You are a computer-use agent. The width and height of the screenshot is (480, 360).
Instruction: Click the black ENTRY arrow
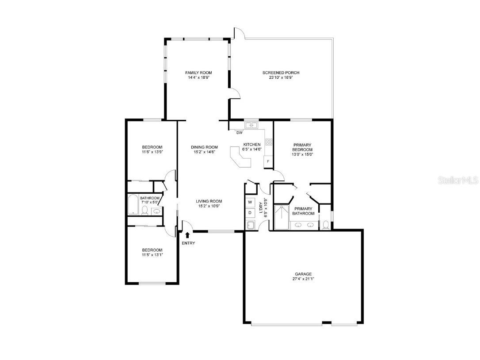pos(187,235)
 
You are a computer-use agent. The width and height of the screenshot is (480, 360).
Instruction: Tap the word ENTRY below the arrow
pos(188,243)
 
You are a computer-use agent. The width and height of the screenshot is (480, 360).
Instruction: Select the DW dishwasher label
pos(240,133)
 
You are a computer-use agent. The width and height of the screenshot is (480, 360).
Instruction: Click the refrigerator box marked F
pos(268,161)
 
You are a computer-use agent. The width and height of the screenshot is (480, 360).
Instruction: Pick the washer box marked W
pos(250,202)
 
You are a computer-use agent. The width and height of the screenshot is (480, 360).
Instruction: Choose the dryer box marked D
pos(250,213)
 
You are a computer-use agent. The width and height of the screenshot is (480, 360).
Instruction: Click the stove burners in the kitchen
pos(269,142)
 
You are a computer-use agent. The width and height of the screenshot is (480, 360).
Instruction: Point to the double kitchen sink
pos(251,125)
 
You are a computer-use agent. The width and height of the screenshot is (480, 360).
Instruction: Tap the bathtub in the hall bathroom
pos(133,205)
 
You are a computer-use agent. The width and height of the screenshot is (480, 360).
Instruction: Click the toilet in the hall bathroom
pos(145,211)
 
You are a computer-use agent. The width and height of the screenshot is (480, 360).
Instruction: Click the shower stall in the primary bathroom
pos(282,217)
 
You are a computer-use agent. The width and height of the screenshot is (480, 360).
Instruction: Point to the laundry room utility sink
pos(251,225)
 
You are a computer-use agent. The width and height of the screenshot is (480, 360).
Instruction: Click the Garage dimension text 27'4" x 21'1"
pos(303,279)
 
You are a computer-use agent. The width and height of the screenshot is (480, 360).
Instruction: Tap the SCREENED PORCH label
pos(281,73)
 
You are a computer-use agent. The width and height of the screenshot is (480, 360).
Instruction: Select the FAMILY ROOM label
pos(198,73)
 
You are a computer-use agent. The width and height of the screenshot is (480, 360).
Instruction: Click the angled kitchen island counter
pos(240,157)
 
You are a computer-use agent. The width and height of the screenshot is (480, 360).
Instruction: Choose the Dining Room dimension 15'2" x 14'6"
pos(205,152)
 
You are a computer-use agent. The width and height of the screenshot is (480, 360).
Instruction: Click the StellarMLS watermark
pos(458,180)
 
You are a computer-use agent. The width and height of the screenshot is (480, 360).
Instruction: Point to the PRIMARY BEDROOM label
pos(302,147)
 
